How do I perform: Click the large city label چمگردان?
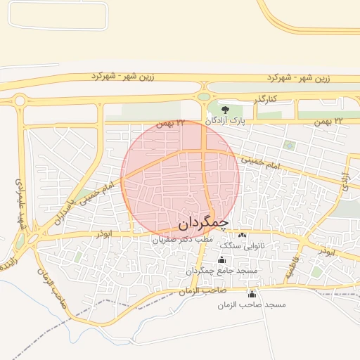point(202,222)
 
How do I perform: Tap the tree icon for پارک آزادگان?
point(225,110)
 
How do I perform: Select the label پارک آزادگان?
point(226,121)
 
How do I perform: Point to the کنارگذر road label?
point(265,99)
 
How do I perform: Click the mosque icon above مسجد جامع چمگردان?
point(222,261)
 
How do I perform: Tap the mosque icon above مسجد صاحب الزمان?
point(252,294)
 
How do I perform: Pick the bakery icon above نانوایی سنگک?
point(243,235)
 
